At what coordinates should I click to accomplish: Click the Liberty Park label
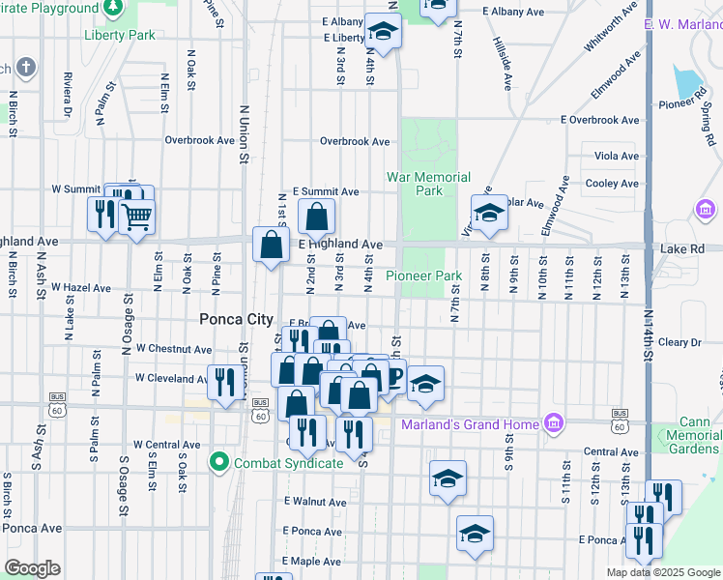pyautogui.click(x=120, y=35)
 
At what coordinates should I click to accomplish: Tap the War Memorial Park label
pyautogui.click(x=428, y=184)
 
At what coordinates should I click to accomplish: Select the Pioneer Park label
pyautogui.click(x=424, y=275)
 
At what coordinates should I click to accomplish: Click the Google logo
pyautogui.click(x=34, y=568)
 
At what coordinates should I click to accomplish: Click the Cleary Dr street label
pyautogui.click(x=680, y=342)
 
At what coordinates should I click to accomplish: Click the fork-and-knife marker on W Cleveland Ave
pyautogui.click(x=224, y=380)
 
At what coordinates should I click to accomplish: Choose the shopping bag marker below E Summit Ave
pyautogui.click(x=317, y=217)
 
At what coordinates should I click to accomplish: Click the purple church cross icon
pyautogui.click(x=25, y=68)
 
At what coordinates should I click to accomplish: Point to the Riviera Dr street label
pyautogui.click(x=68, y=92)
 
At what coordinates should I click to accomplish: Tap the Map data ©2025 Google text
pyautogui.click(x=663, y=572)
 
